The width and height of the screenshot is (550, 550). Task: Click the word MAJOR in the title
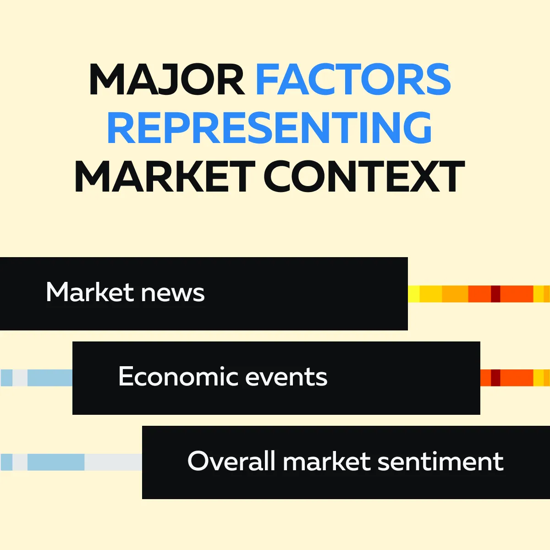167,79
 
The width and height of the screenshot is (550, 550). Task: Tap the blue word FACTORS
353,79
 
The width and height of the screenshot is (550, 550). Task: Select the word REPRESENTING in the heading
269,127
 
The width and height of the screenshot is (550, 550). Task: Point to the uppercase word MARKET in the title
165,176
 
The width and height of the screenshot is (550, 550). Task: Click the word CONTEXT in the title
364,176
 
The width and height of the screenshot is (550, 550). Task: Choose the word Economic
178,376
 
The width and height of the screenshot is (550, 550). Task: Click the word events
286,377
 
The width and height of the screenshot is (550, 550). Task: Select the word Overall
231,460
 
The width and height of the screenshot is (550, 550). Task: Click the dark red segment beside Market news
496,294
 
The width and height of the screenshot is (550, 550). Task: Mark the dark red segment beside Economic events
496,378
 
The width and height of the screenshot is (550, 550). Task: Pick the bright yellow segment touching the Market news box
413,294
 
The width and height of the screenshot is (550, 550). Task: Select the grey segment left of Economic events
20,378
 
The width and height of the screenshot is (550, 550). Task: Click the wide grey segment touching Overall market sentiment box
113,462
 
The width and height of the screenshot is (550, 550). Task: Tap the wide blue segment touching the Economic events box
50,378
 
